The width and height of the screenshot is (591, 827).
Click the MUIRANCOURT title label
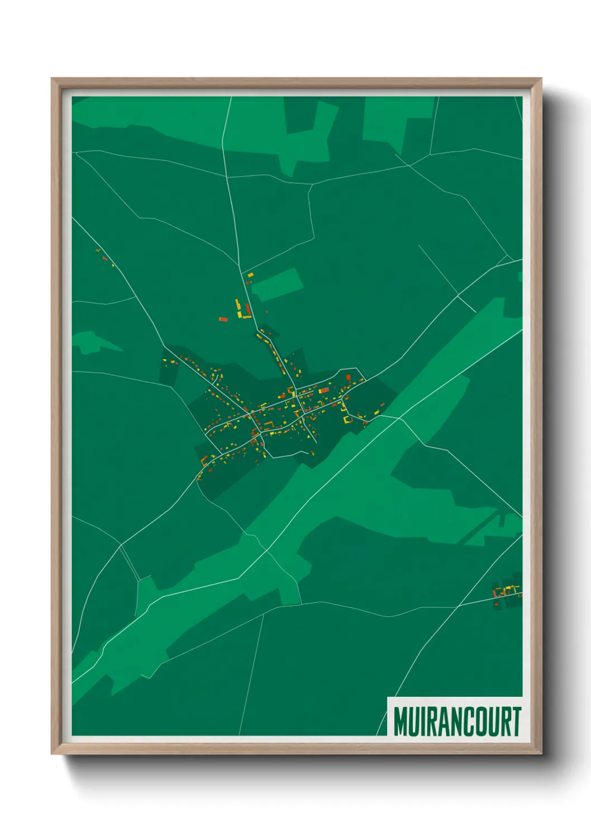[x=457, y=721]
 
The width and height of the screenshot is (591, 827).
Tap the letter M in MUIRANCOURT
[x=401, y=721]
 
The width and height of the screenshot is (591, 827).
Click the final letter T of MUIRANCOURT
[x=517, y=721]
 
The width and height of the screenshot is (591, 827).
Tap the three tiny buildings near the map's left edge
[x=104, y=257]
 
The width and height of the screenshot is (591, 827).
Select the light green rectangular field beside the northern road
[x=277, y=284]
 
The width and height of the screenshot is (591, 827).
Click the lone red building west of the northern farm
[x=223, y=320]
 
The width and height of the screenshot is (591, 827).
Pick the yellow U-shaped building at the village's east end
[x=349, y=419]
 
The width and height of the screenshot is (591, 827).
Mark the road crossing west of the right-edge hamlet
[x=459, y=605]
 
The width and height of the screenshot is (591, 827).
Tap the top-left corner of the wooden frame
[x=53, y=79]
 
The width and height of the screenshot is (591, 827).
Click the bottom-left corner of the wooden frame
[x=53, y=753]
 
